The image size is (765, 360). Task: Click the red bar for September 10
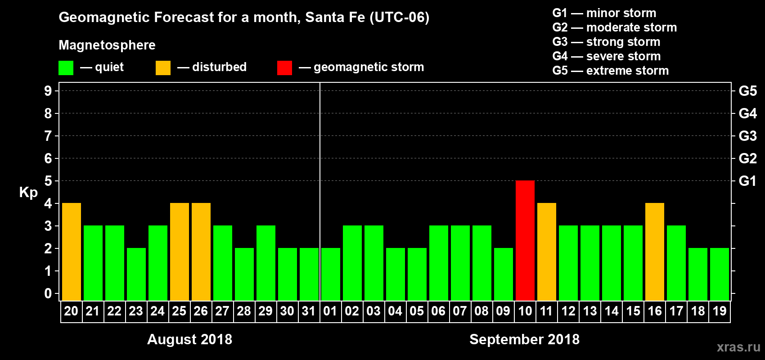[525, 240]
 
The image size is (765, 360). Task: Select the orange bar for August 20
[72, 252]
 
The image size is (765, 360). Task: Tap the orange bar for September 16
[655, 252]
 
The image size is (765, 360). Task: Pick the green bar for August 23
[136, 274]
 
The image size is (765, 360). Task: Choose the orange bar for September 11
[547, 252]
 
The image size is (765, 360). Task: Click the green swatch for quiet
[66, 68]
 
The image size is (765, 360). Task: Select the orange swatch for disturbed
[163, 68]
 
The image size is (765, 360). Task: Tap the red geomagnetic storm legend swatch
[285, 68]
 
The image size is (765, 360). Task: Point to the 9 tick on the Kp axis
[48, 91]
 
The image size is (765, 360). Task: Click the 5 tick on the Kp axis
[48, 181]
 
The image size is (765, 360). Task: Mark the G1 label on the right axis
[747, 181]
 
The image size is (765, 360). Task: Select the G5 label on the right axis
[747, 91]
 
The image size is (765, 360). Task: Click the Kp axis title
[28, 193]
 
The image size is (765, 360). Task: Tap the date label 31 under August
[309, 311]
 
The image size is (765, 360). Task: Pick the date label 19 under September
[720, 311]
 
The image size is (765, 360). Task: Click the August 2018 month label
[189, 339]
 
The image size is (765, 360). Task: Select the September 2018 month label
[524, 339]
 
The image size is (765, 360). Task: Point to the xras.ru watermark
[738, 347]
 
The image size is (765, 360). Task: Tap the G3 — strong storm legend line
[606, 42]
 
